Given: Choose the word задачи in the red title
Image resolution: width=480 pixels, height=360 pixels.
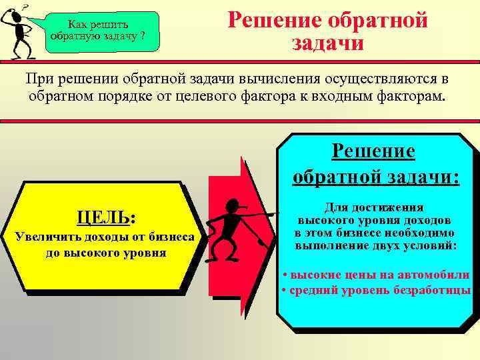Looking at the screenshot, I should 327,43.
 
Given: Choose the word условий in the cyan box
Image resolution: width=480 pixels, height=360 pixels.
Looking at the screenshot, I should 431,245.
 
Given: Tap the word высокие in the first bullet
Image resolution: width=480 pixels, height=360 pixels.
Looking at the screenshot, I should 313,275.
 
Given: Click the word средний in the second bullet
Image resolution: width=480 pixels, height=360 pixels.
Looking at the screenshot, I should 313,291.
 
